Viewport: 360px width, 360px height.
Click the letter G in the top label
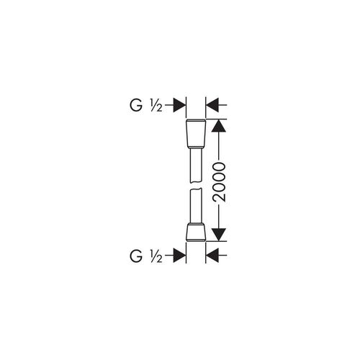click(136, 105)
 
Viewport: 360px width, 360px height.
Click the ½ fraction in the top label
click(156, 106)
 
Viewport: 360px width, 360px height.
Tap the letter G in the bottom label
click(136, 256)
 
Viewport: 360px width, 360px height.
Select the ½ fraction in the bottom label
click(156, 256)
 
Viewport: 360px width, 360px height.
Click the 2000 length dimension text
click(220, 182)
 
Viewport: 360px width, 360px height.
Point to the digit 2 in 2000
click(220, 197)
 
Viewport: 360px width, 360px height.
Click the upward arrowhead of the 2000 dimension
click(219, 125)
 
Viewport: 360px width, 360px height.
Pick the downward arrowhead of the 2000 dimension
click(219, 235)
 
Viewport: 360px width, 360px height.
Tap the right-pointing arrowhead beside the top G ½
click(179, 105)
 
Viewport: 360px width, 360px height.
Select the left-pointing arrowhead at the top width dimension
click(212, 105)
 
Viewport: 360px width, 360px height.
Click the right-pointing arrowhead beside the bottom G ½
click(179, 256)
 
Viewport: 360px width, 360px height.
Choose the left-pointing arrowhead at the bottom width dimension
click(212, 256)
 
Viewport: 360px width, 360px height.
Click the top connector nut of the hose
click(196, 132)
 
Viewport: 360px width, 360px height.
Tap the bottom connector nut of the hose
click(196, 233)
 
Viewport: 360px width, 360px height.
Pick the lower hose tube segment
click(196, 206)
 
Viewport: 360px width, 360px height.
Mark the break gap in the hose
click(196, 186)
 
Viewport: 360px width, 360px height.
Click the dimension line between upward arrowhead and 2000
click(219, 147)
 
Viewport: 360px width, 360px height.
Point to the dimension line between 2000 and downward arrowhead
click(219, 215)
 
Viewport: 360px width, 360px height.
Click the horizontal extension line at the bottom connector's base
click(216, 241)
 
